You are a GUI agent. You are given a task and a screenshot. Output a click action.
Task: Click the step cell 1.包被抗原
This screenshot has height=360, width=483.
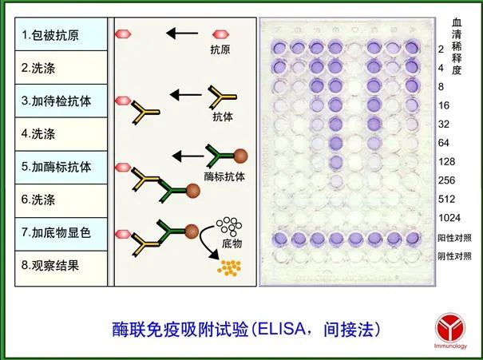pos(59,34)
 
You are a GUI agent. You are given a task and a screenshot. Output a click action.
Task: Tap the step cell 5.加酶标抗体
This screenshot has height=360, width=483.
pos(59,168)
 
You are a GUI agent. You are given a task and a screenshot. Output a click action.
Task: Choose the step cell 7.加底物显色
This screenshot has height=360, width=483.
pos(59,234)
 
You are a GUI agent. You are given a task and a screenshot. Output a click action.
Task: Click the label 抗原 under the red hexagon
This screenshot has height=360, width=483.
pos(220,50)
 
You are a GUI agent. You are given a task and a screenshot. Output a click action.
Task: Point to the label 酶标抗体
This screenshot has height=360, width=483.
pos(221,176)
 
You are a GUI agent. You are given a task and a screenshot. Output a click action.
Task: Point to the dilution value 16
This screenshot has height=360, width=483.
pos(444,105)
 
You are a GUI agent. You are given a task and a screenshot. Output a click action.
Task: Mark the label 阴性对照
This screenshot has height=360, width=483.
pos(455,255)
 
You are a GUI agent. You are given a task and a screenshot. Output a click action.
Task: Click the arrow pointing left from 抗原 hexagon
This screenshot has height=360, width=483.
pos(181,34)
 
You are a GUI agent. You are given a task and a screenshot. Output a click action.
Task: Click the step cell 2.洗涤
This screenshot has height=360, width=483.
pos(59,68)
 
